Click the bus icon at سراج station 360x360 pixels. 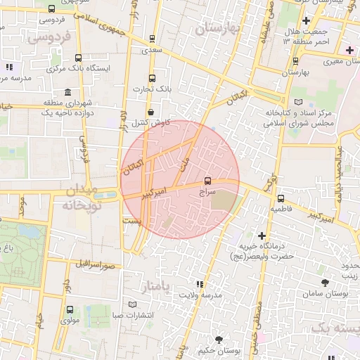coord(207,181)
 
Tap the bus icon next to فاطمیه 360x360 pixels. coord(281,198)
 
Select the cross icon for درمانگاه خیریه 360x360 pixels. coord(262,236)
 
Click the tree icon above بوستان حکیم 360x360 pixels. coord(219,340)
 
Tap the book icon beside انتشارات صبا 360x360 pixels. coord(133,304)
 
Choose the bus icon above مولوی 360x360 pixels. coord(70,309)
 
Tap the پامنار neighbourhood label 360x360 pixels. coord(156,287)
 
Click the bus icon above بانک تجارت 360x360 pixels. coord(152,78)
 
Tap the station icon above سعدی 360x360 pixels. coord(152,39)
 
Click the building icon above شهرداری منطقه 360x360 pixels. coord(67,93)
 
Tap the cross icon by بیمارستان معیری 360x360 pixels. coord(349,50)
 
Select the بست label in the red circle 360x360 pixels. coord(132,220)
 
